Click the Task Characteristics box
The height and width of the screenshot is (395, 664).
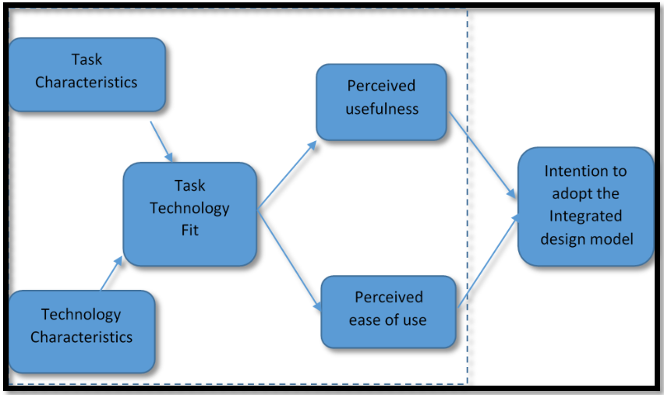(87, 74)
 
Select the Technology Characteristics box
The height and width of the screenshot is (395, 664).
(81, 331)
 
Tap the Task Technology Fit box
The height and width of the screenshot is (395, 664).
(189, 213)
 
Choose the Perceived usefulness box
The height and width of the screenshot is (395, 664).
(381, 102)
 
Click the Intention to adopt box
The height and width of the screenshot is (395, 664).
(585, 206)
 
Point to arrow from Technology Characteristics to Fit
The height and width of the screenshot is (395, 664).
(111, 274)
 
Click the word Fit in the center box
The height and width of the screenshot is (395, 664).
(189, 231)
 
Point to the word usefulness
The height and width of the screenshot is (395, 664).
(382, 109)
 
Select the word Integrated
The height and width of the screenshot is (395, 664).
(585, 216)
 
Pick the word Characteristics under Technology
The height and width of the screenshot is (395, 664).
(81, 338)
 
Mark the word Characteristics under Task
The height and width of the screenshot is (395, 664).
(87, 82)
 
